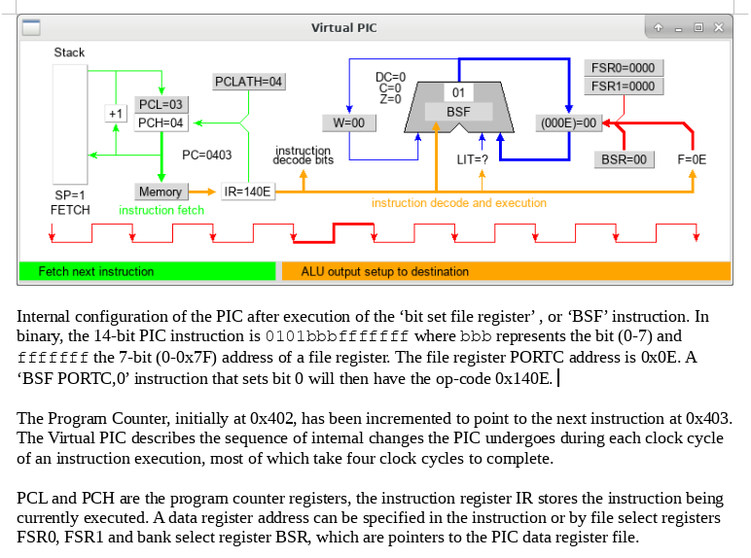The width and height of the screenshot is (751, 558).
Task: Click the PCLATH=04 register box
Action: pyautogui.click(x=249, y=82)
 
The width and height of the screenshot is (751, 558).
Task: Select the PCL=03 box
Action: pyautogui.click(x=161, y=104)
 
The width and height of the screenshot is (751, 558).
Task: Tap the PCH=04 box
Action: pyautogui.click(x=161, y=122)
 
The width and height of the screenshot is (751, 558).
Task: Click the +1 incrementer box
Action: pyautogui.click(x=116, y=114)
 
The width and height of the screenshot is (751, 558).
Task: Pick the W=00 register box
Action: pyautogui.click(x=348, y=122)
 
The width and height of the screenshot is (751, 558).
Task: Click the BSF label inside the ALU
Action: pyautogui.click(x=458, y=112)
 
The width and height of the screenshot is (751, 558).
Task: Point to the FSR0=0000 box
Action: pyautogui.click(x=623, y=68)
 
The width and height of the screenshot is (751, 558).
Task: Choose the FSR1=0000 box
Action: pyautogui.click(x=623, y=87)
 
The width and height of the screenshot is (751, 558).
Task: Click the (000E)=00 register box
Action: pyautogui.click(x=569, y=122)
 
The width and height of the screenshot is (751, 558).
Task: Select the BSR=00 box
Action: pyautogui.click(x=623, y=159)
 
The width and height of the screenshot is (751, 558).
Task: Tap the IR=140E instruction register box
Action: pyautogui.click(x=248, y=192)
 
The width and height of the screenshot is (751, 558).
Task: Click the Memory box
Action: pyautogui.click(x=161, y=192)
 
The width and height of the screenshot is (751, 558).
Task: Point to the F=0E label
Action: pyautogui.click(x=692, y=159)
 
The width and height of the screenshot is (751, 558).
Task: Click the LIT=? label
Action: pyautogui.click(x=473, y=159)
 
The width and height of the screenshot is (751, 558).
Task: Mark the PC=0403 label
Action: pyautogui.click(x=207, y=155)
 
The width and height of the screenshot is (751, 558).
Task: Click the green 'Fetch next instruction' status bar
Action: pyautogui.click(x=147, y=271)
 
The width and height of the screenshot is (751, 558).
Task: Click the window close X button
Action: pyautogui.click(x=718, y=27)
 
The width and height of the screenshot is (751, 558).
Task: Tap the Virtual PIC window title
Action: pyautogui.click(x=343, y=27)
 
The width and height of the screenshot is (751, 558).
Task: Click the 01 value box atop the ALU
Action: pyautogui.click(x=458, y=92)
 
